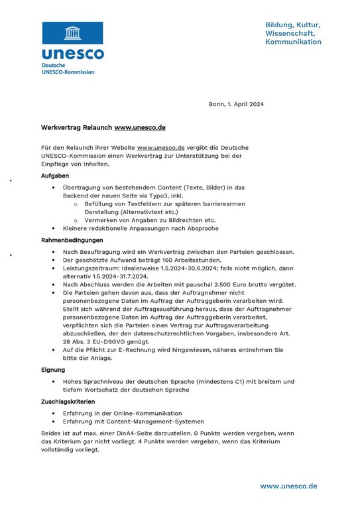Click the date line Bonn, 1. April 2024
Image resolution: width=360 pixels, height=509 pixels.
pos(236,104)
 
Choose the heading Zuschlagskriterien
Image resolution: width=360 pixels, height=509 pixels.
pos(72,402)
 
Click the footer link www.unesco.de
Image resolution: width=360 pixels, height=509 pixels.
pos(288,486)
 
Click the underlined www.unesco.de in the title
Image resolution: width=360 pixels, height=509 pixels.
pos(140,127)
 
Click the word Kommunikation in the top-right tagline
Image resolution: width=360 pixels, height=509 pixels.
pos(293,42)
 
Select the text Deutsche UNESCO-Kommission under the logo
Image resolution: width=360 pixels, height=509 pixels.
pos(68,69)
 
